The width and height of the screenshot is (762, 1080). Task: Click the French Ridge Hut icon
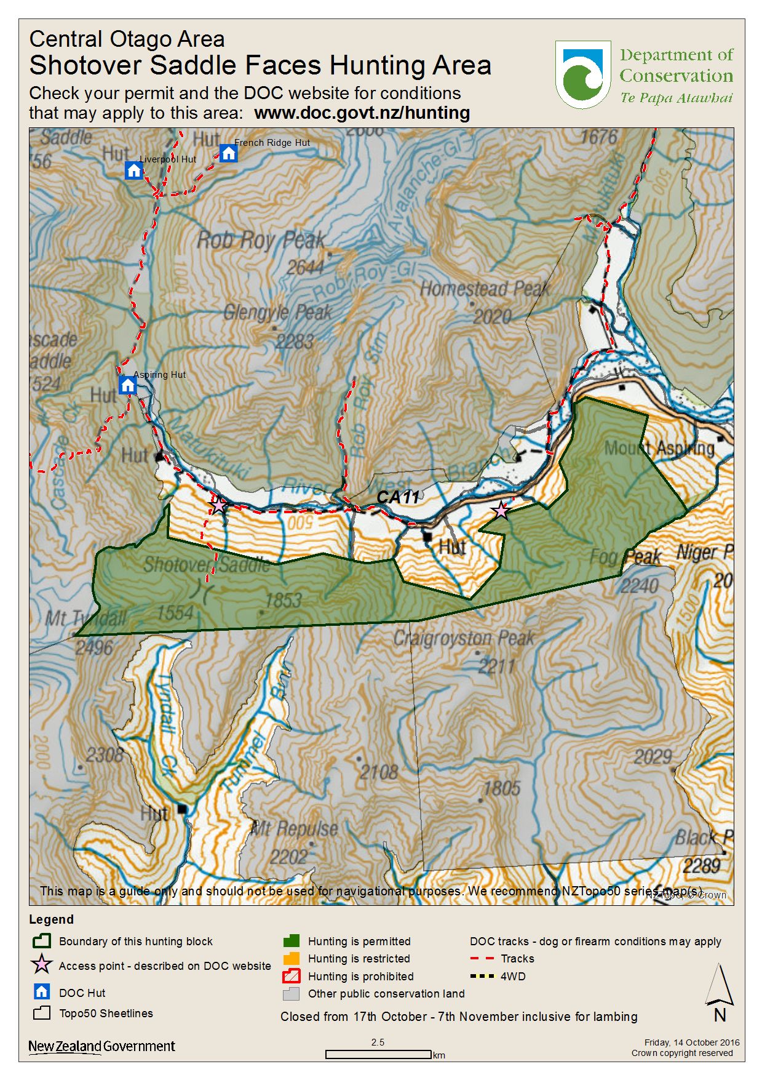point(228,153)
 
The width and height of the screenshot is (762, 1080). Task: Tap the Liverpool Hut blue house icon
point(133,170)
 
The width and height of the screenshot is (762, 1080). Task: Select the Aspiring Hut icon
point(127,386)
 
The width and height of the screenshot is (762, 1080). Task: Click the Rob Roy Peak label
point(261,240)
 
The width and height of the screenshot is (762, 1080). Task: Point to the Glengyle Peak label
point(277,313)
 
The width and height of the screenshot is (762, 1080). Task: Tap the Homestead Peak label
point(485,289)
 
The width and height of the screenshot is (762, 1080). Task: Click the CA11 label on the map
point(398,497)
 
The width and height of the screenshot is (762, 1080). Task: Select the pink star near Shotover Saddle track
point(218,505)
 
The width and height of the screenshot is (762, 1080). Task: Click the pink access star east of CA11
point(501,510)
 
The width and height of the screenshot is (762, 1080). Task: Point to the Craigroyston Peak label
point(464,639)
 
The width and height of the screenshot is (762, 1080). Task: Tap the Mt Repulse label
point(294,830)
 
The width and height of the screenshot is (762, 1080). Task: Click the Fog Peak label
point(625,558)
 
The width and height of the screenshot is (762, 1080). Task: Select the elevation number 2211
point(496,666)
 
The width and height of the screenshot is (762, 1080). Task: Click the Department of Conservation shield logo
point(582,74)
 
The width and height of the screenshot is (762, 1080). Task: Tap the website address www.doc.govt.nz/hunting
point(362,113)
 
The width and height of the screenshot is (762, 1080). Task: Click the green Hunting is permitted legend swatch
point(292,941)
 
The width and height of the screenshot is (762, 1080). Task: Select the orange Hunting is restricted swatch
point(292,958)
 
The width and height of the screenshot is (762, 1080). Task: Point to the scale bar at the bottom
point(378,1054)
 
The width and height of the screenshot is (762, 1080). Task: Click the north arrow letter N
point(720,1015)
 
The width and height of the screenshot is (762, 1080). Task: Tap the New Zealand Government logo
point(101,1046)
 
